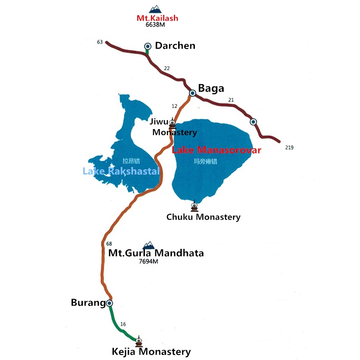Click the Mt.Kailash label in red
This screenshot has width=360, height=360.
(157, 18)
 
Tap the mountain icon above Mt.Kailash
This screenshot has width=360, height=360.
(155, 9)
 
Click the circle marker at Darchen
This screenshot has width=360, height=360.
(148, 46)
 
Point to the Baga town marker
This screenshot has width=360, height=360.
(192, 93)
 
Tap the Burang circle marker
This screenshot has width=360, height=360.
(109, 303)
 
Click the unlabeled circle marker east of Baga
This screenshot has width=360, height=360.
(253, 121)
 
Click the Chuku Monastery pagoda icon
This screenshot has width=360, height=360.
(194, 206)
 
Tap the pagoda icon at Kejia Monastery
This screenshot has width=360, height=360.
(139, 341)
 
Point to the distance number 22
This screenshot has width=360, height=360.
(166, 68)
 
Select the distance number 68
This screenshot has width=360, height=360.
(109, 244)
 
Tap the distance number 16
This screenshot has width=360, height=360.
(123, 324)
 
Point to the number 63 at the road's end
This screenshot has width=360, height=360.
(99, 42)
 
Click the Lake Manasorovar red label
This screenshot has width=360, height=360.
(216, 150)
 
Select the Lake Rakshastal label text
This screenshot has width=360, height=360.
(121, 171)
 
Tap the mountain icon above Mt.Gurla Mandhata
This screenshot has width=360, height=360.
(148, 245)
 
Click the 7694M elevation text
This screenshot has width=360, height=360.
(148, 261)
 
